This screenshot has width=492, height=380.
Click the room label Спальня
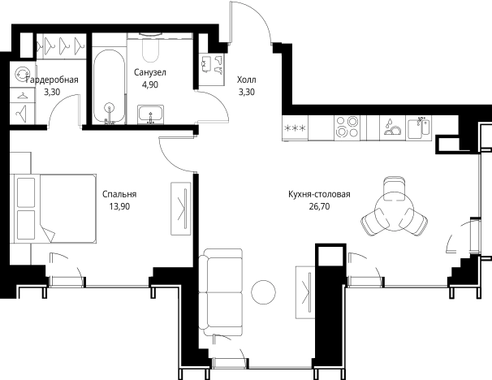pos(119,195)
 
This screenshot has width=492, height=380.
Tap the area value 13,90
pos(119,206)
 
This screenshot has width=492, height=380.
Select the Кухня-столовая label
pos(319,195)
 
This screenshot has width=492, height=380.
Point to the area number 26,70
pos(319,207)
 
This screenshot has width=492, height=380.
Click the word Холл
pos(246,80)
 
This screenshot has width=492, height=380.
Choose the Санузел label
pos(150,73)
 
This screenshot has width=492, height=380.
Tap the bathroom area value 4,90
pos(150,84)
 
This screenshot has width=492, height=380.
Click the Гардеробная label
pos(52,80)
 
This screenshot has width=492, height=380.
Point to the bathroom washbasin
pos(150,114)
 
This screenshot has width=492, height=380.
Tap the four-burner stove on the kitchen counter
pos(347,127)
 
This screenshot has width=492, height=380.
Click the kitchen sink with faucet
pos(419,127)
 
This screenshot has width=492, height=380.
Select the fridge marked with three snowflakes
pos(295,127)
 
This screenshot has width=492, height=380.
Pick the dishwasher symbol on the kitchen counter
pos(392,127)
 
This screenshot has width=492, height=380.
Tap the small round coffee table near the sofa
pos(264,292)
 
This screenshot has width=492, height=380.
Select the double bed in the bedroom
pos(53,209)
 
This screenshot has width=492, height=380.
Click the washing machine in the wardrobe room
pos(22,75)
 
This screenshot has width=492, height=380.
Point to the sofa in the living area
pos(221,292)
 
